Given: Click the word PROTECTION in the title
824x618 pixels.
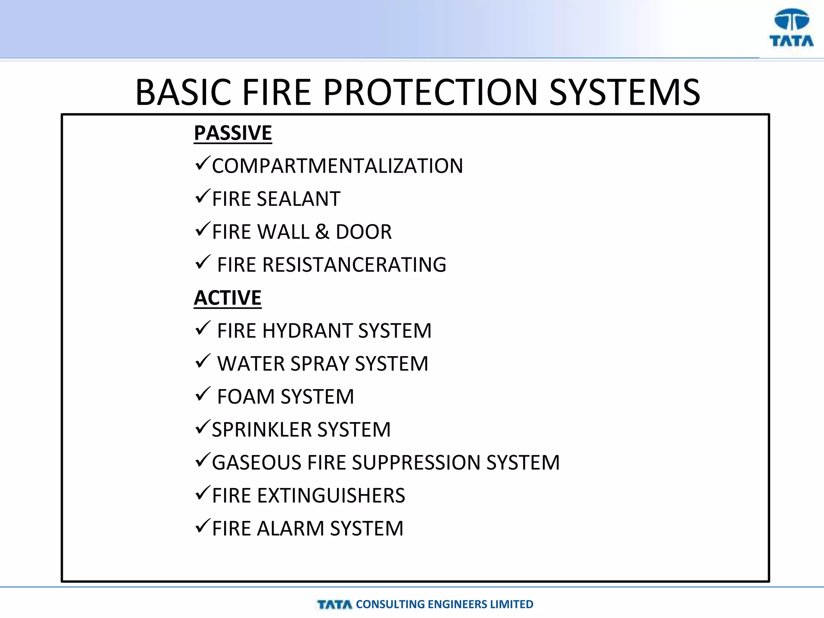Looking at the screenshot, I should [431, 93].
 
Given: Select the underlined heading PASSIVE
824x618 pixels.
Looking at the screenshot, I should [233, 133].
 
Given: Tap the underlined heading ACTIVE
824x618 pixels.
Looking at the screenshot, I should [228, 298].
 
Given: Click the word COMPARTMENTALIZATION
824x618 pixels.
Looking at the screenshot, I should [337, 166].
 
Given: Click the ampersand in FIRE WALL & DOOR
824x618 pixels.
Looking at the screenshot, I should [322, 232].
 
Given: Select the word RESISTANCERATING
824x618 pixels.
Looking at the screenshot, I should [354, 265].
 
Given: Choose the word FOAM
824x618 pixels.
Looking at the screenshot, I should [246, 397].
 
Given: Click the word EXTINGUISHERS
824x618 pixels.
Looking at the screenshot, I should [331, 496].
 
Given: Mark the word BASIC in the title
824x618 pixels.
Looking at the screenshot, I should [184, 93].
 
